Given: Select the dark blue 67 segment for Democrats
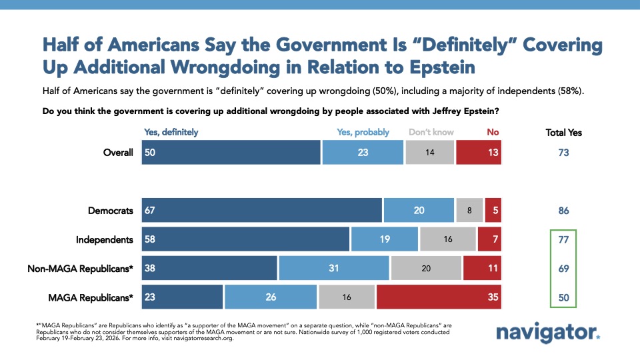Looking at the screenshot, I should click(x=262, y=211).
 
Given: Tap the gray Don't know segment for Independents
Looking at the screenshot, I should click(x=447, y=239).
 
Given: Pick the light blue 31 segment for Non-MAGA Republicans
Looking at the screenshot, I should click(x=334, y=269).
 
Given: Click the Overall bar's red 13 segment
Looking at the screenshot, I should click(x=479, y=153).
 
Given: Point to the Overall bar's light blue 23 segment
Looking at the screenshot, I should click(x=363, y=153).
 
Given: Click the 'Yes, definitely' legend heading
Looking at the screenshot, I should click(x=171, y=132).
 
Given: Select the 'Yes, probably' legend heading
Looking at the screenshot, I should click(x=362, y=132).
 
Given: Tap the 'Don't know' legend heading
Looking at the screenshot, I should click(x=431, y=132).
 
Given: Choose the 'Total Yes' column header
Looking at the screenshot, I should click(x=563, y=133).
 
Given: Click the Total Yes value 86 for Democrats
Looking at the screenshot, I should click(x=563, y=211).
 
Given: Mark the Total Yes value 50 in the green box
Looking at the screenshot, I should click(x=563, y=297).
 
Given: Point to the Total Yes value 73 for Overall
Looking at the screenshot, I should click(x=563, y=153).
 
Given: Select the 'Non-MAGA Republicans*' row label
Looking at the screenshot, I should click(x=80, y=269).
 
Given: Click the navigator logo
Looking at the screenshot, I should click(x=548, y=331).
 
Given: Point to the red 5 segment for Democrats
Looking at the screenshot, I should click(x=493, y=211).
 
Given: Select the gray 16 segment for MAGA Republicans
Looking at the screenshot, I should click(x=347, y=297).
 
